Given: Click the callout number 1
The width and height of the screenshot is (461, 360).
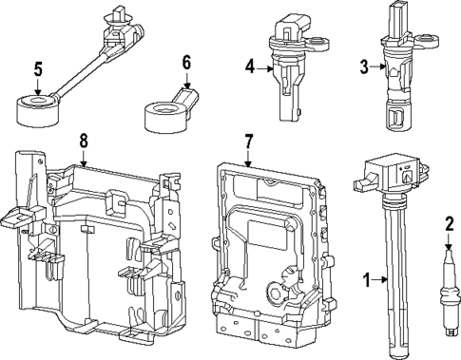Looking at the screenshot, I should coord(365,280).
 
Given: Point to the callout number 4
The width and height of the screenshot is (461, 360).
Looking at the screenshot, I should coord(249,66).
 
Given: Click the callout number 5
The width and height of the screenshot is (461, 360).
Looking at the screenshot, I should coord(38,69).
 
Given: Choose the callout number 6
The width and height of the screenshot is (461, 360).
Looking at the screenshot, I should coord(186,63).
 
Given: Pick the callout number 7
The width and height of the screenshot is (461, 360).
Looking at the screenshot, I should coord(249,142).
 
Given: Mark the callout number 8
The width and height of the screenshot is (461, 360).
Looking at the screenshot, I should coord(84,141).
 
